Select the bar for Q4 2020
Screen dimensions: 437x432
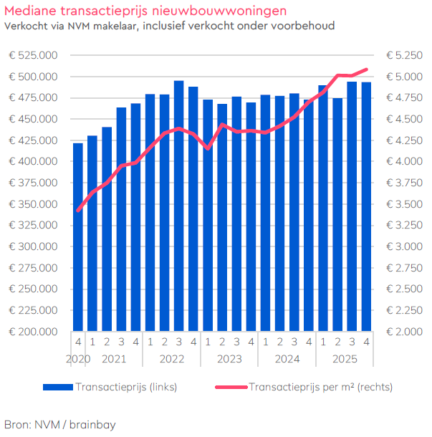point(78,236)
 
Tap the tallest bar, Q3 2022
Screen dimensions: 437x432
point(178,208)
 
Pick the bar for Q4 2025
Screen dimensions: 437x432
point(366,208)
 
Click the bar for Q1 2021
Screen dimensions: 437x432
point(92,233)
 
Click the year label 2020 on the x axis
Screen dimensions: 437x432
point(77,357)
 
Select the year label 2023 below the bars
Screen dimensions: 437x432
point(229,357)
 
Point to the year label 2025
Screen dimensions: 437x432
point(345,357)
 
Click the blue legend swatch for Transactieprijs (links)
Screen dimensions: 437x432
point(57,387)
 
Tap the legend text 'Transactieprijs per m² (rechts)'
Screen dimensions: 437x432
point(320,387)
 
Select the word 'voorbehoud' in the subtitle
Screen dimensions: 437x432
point(307,26)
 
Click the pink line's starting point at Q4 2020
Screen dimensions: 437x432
point(78,211)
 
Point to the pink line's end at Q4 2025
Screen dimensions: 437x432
point(366,69)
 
